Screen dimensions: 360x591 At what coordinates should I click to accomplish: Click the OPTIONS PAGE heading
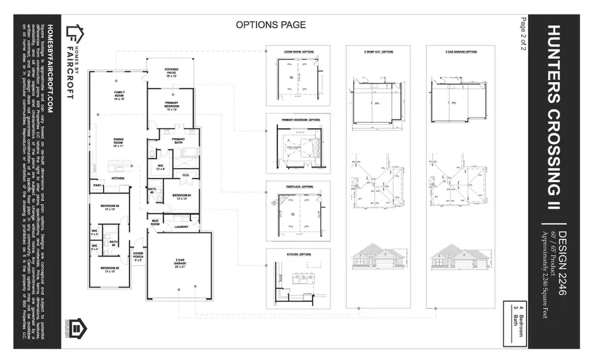pos(271,25)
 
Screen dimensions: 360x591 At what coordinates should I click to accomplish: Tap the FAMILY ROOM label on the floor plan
pos(120,94)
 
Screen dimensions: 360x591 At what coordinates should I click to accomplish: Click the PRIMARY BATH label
pos(178,141)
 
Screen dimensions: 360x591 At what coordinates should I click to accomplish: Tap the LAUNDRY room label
pos(181,227)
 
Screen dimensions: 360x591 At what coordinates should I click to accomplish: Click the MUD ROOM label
pos(156,222)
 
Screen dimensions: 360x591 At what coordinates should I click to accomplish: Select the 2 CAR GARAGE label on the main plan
pos(178,261)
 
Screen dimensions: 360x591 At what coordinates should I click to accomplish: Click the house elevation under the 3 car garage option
pos(453,255)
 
